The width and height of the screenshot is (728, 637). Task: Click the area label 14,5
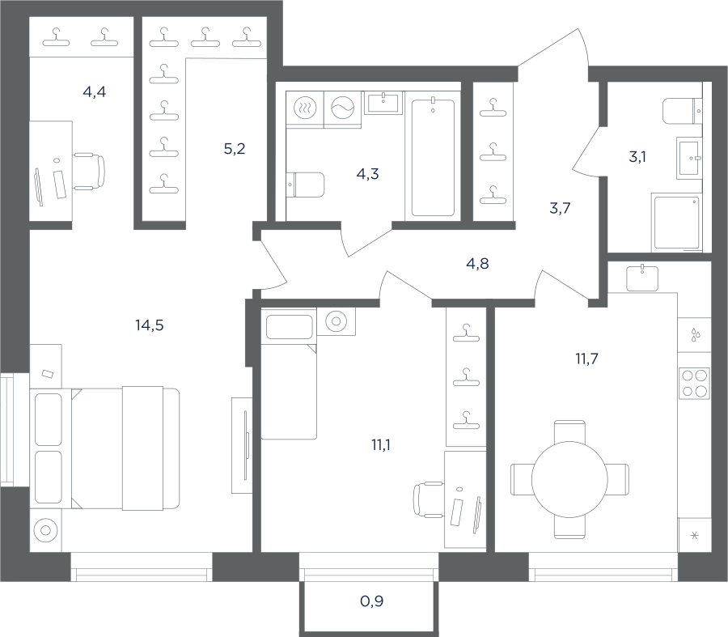point(150,325)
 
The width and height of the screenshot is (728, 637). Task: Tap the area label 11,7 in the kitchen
point(587,359)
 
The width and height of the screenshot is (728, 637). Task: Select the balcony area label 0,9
point(372,601)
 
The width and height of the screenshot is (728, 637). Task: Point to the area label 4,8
point(477,263)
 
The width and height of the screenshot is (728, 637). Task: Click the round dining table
point(569,479)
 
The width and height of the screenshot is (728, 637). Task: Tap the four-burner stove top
point(694,383)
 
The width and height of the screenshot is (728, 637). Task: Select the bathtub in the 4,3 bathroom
point(433,157)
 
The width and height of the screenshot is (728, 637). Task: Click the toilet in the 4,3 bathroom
point(305,185)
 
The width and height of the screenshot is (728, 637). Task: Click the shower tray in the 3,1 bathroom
point(676,223)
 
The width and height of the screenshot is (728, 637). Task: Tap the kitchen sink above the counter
point(642,278)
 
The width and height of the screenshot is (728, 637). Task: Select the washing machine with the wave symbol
point(343,108)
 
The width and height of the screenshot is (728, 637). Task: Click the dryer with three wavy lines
point(305,108)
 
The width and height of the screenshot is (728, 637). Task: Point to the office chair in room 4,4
point(89,172)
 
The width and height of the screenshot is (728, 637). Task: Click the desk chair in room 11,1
point(428,499)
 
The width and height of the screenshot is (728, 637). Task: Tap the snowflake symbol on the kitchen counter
point(695,536)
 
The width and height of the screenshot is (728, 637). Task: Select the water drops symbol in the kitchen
point(695,334)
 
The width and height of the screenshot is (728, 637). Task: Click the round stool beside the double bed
point(45,530)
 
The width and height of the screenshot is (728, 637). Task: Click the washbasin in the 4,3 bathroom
point(383,103)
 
